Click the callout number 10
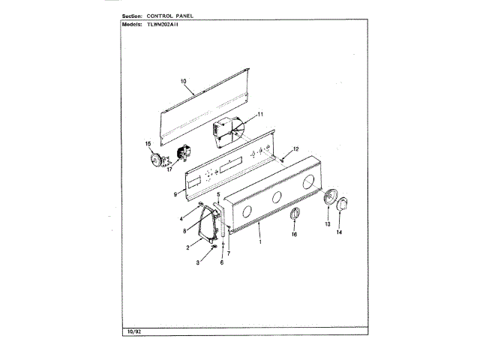[x=183, y=80]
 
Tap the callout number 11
[x=260, y=114]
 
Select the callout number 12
[x=295, y=148]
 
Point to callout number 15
[x=148, y=142]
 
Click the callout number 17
[x=169, y=169]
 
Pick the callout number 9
[x=175, y=193]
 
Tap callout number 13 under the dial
[x=327, y=223]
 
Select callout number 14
[x=338, y=232]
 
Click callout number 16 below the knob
[x=294, y=235]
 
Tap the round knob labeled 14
[x=342, y=205]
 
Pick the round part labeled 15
[x=156, y=159]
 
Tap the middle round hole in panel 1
[x=275, y=198]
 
